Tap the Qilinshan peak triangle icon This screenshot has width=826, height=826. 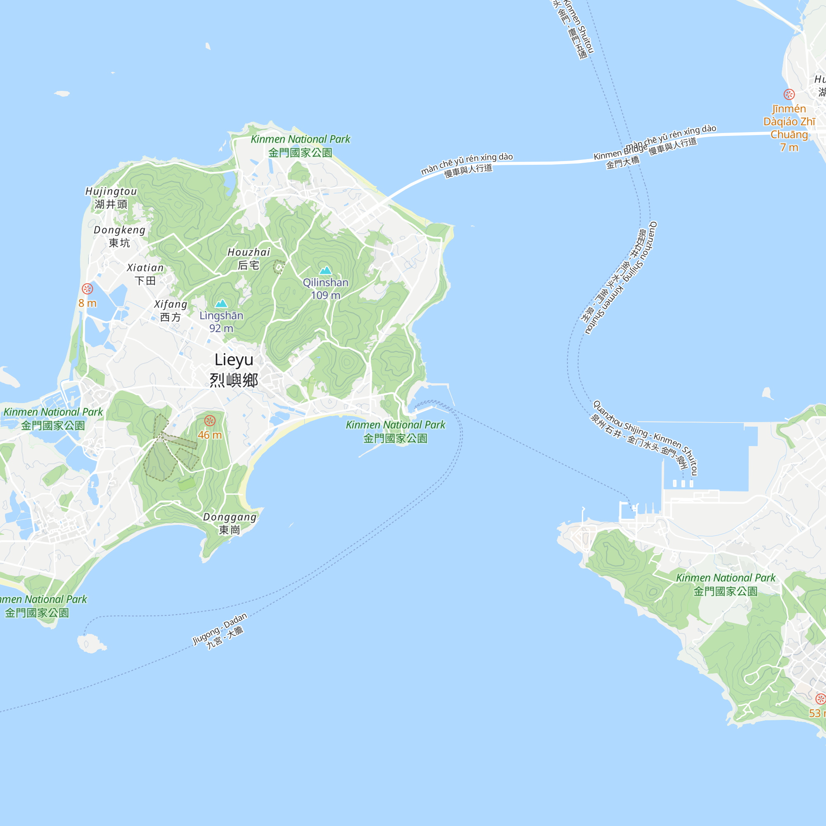click(x=325, y=270)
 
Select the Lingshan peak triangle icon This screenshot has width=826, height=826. click(x=221, y=304)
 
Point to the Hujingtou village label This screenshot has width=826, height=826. click(x=111, y=197)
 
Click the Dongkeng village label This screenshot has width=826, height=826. click(x=120, y=236)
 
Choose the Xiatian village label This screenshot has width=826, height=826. click(x=145, y=274)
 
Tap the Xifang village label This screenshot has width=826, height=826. click(x=171, y=311)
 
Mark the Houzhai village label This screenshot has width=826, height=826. click(x=249, y=259)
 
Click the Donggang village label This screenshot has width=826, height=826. click(x=230, y=523)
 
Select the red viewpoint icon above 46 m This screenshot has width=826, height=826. click(x=209, y=421)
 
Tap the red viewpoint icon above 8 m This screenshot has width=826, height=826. click(x=87, y=289)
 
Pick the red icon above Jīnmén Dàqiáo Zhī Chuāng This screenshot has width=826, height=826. click(x=789, y=94)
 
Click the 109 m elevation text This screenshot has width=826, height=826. click(x=325, y=295)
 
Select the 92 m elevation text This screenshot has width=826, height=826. click(x=221, y=328)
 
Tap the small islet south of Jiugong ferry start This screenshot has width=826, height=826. click(x=91, y=643)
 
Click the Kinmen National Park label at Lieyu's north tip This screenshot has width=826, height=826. click(x=300, y=146)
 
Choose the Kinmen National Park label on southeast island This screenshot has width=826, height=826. click(x=726, y=584)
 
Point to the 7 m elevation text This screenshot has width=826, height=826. click(x=789, y=147)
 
